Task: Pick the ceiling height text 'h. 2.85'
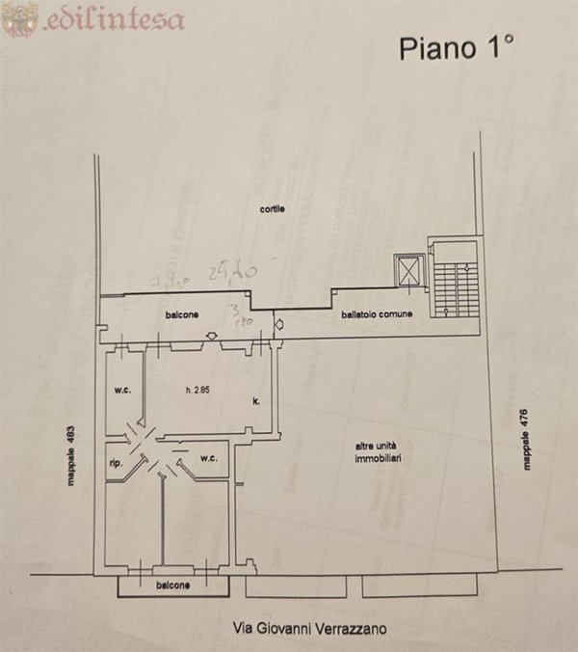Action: coord(197,391)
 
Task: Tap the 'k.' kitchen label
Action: coord(257,400)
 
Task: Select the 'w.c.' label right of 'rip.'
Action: coord(210,458)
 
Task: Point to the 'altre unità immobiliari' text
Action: coord(376,452)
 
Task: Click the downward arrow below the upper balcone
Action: coord(213,336)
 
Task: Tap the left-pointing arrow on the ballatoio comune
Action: coord(279,325)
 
